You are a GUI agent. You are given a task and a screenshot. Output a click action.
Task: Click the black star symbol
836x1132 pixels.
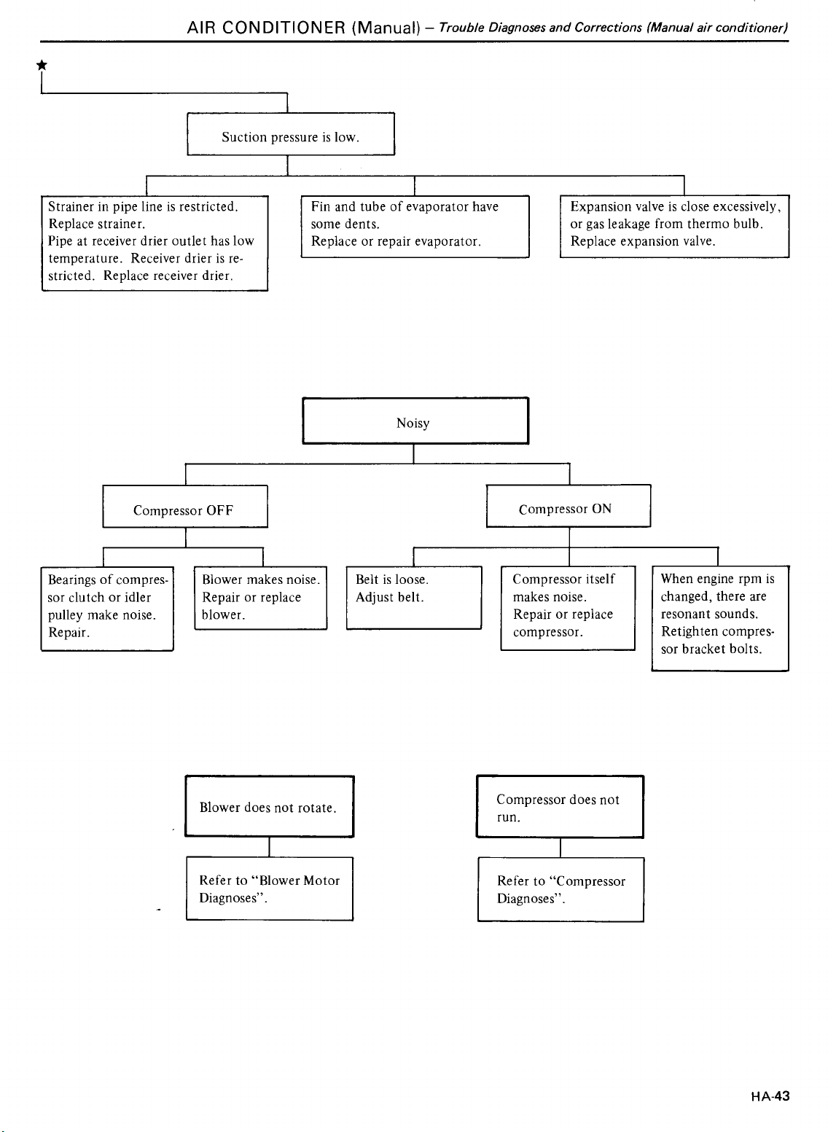click(x=42, y=65)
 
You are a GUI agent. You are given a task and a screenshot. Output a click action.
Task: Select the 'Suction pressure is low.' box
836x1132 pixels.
click(x=290, y=133)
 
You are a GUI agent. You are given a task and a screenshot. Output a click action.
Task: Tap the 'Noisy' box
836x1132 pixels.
click(x=415, y=421)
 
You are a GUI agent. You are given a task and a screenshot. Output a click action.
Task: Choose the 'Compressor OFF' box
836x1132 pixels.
click(x=184, y=507)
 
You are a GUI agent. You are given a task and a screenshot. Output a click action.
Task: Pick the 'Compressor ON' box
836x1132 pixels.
click(x=568, y=506)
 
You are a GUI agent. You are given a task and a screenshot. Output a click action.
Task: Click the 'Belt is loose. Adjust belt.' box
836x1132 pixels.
click(x=413, y=598)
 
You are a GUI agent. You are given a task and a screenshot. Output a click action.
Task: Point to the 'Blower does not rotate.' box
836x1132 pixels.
click(x=269, y=806)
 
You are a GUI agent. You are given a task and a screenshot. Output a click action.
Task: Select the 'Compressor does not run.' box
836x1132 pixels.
click(x=559, y=807)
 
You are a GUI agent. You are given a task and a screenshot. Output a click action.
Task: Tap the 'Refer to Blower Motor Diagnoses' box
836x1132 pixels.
click(x=269, y=889)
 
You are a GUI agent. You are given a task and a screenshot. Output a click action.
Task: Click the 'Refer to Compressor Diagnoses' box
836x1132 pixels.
click(x=560, y=889)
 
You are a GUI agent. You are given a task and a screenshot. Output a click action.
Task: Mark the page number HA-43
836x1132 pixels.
click(x=770, y=1096)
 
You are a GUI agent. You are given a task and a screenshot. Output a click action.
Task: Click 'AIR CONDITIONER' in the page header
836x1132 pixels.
click(x=266, y=28)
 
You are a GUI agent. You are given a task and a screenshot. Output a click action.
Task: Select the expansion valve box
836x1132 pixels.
click(x=674, y=226)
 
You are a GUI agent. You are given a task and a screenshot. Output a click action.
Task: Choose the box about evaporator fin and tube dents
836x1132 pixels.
click(x=415, y=226)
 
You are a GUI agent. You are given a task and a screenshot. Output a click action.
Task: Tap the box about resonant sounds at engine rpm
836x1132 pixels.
click(x=719, y=618)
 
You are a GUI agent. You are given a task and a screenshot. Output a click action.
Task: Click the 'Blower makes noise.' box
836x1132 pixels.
click(x=260, y=598)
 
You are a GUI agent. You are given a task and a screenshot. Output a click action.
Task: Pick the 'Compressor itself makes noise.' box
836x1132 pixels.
click(x=568, y=608)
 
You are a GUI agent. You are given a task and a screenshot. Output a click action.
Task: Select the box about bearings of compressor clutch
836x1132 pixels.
click(x=107, y=609)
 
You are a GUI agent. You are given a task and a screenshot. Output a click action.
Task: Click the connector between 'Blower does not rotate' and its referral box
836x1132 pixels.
click(x=269, y=847)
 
